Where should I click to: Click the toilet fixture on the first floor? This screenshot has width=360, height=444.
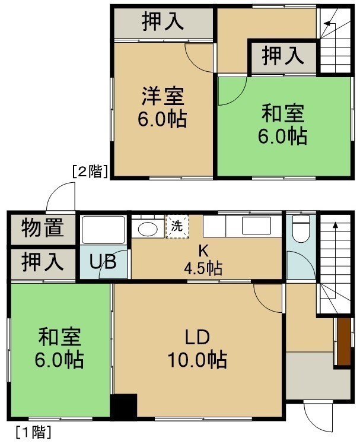301,229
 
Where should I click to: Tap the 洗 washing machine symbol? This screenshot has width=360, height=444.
177,226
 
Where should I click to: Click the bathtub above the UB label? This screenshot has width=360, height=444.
104,230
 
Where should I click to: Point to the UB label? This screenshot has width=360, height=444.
103,262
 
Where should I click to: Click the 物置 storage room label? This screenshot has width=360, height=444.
43,227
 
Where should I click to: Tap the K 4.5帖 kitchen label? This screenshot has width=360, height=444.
203,259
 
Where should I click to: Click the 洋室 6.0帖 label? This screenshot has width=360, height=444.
163,107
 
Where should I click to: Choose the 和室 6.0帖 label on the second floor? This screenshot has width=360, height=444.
282,124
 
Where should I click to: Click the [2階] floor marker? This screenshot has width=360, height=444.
90,172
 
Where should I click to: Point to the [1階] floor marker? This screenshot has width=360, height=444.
34,432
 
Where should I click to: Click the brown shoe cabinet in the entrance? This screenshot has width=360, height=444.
343,342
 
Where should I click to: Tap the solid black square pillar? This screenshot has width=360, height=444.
123,405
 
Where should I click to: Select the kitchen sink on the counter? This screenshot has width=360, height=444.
256,226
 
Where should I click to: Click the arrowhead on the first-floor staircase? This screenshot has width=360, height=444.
335,225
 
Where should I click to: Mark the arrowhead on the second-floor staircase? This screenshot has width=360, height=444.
327,24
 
